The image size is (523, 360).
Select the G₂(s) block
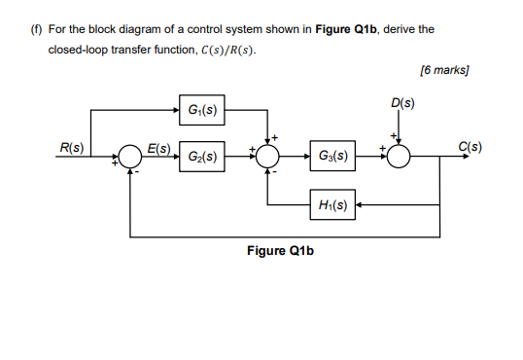[x=202, y=156]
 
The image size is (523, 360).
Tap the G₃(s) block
[x=329, y=156]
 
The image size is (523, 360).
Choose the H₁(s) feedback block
[x=329, y=205]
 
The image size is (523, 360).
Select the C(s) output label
[x=469, y=148]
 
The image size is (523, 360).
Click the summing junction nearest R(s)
[x=130, y=156]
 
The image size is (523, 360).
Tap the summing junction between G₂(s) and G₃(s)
[x=268, y=156]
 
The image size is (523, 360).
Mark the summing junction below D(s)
[x=401, y=156]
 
